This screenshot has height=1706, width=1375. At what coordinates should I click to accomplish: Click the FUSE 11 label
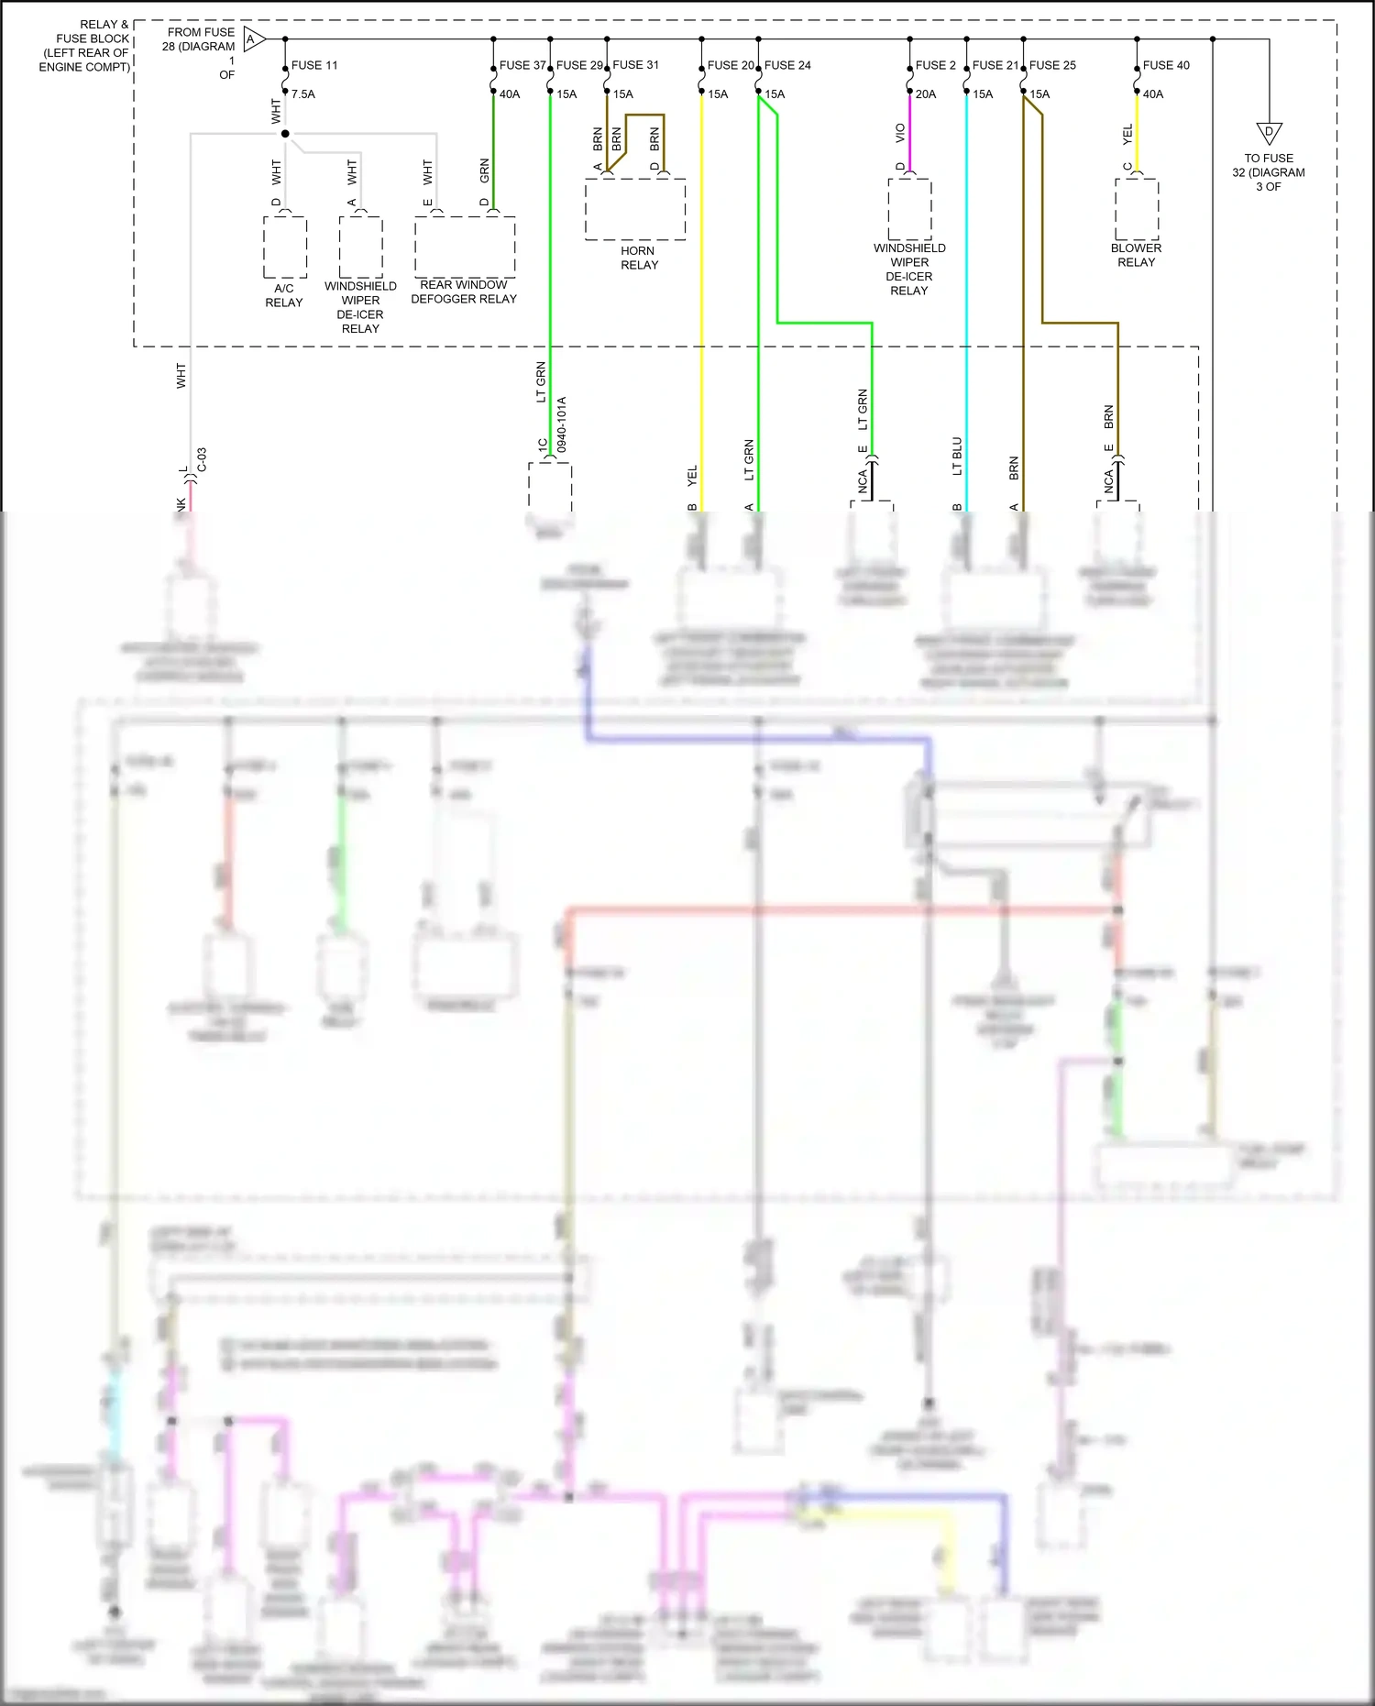(x=314, y=65)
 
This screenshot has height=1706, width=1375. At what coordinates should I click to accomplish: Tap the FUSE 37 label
(x=522, y=65)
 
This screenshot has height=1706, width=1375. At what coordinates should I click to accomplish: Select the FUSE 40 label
(x=1166, y=65)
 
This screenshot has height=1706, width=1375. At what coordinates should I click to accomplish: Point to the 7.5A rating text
(x=303, y=94)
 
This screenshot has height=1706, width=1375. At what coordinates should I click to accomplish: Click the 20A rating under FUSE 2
(x=926, y=94)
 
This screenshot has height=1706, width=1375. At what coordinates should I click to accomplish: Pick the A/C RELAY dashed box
(x=285, y=247)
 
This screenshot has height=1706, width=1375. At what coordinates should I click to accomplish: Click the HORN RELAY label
(x=639, y=258)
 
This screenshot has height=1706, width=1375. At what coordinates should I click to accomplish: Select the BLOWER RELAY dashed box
(x=1137, y=209)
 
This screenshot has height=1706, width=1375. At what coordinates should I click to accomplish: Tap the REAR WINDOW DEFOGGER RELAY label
(x=464, y=292)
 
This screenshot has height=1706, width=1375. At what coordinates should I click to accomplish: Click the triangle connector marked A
(x=254, y=39)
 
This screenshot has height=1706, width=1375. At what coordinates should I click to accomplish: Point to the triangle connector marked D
(x=1270, y=133)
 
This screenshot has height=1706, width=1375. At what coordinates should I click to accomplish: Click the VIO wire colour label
(x=900, y=134)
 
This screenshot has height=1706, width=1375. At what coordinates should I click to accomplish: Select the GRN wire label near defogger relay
(x=485, y=170)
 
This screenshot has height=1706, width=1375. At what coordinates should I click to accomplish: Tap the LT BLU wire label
(x=957, y=456)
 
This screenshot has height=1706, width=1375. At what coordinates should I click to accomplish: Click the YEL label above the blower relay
(x=1127, y=134)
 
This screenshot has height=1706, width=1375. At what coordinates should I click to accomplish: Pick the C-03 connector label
(x=202, y=460)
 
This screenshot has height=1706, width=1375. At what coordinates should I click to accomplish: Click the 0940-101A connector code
(x=562, y=424)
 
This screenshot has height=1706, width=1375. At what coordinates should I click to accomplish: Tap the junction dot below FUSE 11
(x=285, y=134)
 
